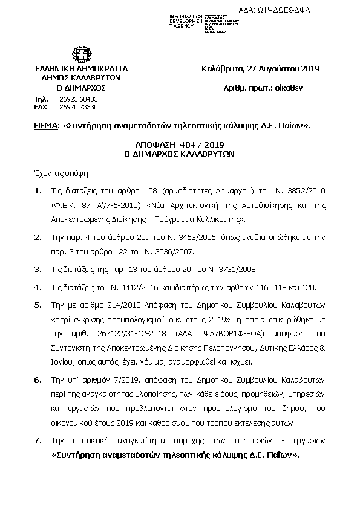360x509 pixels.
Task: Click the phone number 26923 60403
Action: (76, 99)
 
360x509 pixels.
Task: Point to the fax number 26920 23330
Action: (76, 106)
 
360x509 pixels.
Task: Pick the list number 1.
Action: (38, 192)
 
